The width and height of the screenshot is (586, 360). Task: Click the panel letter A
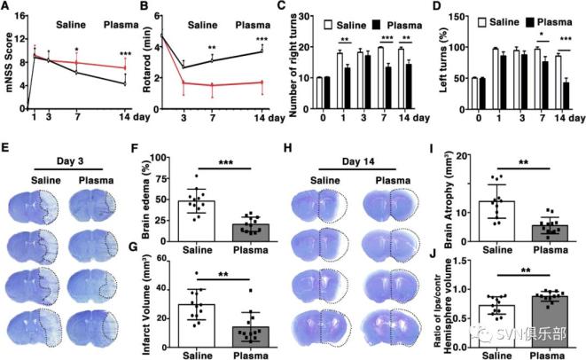(7, 7)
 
